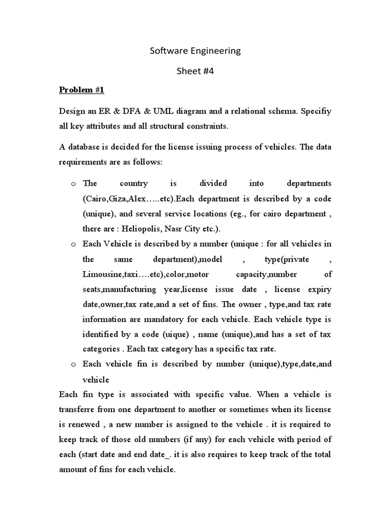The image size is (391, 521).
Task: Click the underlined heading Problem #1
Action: coord(81,90)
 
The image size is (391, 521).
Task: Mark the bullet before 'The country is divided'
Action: coord(73,183)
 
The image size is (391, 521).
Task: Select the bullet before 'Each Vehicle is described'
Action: coord(73,244)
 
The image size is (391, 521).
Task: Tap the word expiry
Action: coord(319,290)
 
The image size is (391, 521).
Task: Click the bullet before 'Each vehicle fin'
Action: coord(73,365)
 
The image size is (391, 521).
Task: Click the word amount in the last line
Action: coord(74,470)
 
